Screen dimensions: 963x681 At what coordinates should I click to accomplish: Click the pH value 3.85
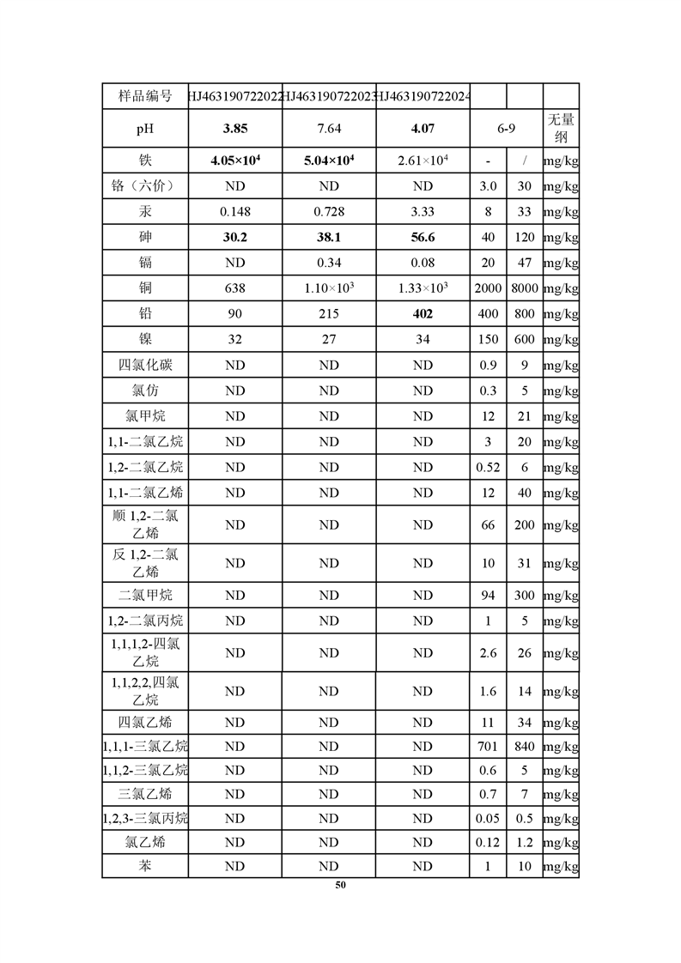[x=234, y=129]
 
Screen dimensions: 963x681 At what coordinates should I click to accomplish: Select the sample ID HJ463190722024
[x=423, y=95]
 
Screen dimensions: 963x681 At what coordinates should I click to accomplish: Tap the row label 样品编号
[x=144, y=95]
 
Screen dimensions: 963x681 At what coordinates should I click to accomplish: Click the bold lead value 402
[x=423, y=313]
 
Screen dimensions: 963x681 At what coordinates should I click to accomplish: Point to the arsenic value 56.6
[x=423, y=237]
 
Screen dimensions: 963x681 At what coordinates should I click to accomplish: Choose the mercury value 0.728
[x=329, y=211]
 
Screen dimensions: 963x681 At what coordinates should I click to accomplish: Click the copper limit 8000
[x=524, y=288]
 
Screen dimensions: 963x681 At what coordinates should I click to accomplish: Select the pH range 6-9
[x=506, y=129]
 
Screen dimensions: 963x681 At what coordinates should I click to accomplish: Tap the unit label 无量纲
[x=561, y=129]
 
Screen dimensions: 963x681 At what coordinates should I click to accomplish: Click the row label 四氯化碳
[x=144, y=365]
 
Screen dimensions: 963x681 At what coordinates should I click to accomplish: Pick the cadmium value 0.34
[x=329, y=263]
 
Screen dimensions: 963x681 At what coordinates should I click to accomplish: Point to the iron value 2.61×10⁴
[x=423, y=160]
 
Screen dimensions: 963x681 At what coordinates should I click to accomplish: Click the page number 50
[x=341, y=885]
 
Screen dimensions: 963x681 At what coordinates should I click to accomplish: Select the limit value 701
[x=488, y=747]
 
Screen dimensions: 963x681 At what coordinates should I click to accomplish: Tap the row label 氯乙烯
[x=144, y=842]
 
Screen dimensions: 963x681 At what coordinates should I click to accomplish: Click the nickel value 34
[x=423, y=339]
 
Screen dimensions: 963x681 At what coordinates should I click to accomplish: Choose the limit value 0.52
[x=488, y=468]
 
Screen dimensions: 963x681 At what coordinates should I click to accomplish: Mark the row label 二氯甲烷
[x=144, y=595]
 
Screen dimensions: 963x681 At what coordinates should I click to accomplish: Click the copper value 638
[x=234, y=288]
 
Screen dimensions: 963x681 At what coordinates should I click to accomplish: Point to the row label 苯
[x=144, y=866]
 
